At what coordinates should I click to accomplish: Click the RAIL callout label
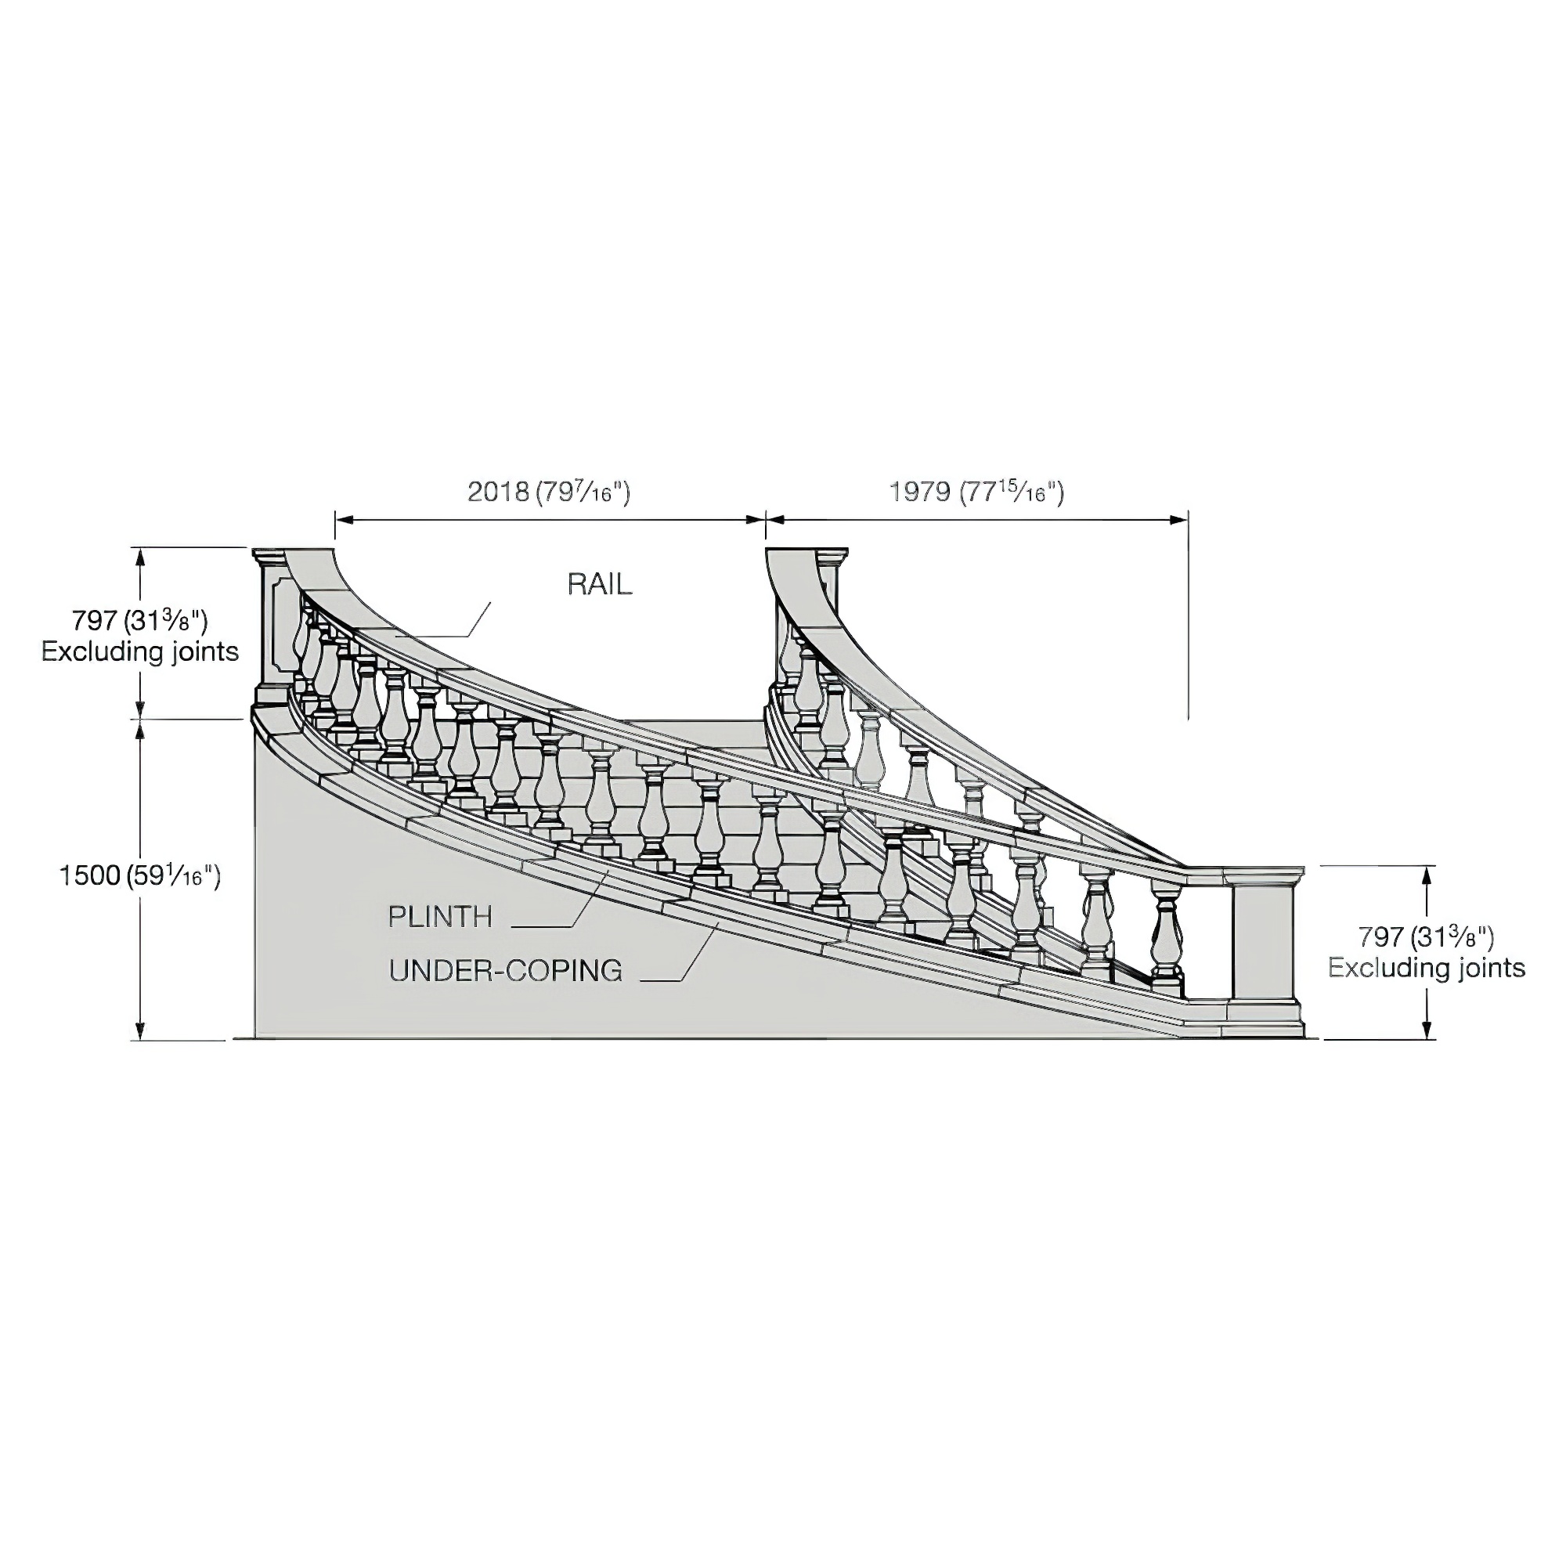point(599,584)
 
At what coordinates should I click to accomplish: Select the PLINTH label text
point(440,917)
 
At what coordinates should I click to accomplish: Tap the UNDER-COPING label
point(505,970)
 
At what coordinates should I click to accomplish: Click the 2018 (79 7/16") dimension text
point(549,492)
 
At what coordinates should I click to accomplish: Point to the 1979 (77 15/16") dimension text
point(976,492)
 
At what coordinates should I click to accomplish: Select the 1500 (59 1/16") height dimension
point(139,876)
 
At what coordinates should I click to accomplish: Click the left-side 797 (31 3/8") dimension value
point(139,621)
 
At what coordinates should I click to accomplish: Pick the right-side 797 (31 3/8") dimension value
point(1426,937)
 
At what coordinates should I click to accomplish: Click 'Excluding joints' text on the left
point(140,651)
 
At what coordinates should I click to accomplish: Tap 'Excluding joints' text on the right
point(1427,968)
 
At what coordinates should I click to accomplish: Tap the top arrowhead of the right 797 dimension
point(1428,874)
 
